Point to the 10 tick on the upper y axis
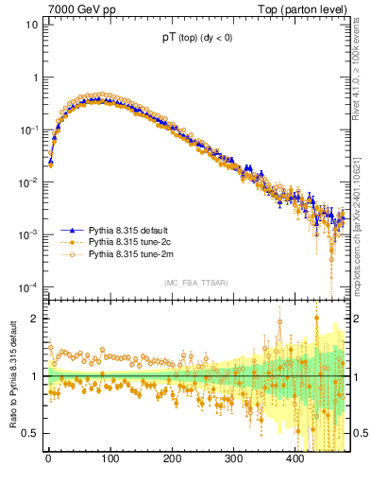pyautogui.click(x=31, y=25)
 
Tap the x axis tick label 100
pyautogui.click(x=110, y=458)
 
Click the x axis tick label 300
pyautogui.click(x=233, y=458)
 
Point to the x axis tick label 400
pyautogui.click(x=295, y=458)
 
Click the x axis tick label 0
pyautogui.click(x=48, y=458)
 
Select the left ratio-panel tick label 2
pyautogui.click(x=33, y=319)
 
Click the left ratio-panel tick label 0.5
pyautogui.click(x=29, y=433)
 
